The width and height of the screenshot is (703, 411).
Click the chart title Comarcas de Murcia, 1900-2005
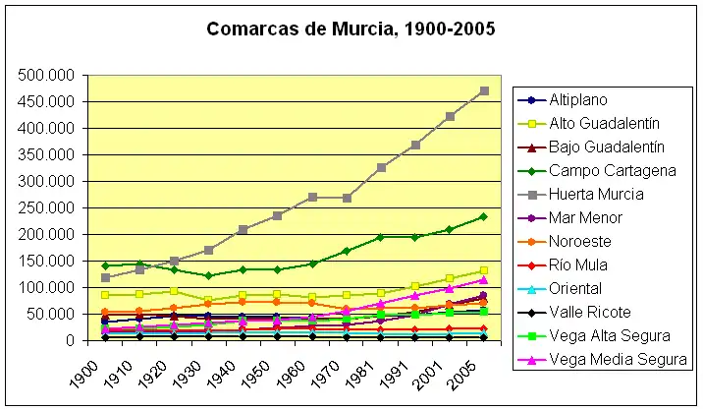[x=351, y=29]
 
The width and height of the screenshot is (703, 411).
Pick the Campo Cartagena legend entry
[x=605, y=170]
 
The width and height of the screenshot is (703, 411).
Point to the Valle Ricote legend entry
[x=585, y=312]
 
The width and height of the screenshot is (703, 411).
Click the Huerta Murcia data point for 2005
[x=483, y=90]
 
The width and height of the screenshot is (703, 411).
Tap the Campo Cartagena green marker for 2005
[x=483, y=216]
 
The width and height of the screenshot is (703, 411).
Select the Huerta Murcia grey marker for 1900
[x=105, y=278]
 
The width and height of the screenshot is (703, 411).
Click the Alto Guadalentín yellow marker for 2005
[x=483, y=270]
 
